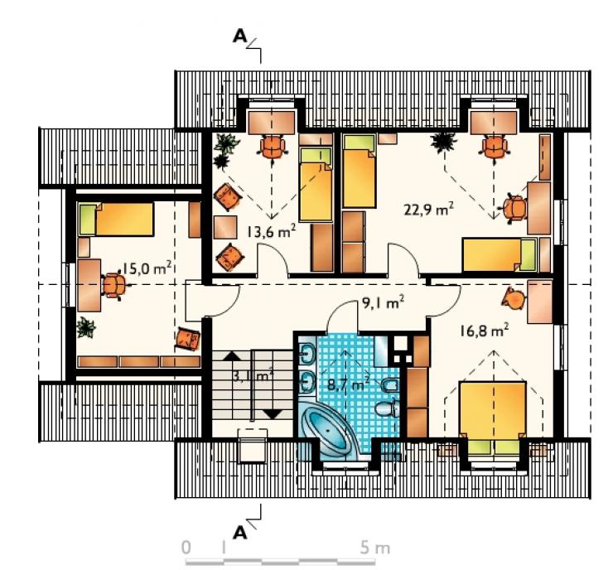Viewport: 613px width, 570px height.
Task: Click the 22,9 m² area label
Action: [428, 209]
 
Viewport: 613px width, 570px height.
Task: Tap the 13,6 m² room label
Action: [271, 231]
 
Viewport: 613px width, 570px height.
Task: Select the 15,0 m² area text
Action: [147, 268]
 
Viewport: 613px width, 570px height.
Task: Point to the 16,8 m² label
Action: [484, 331]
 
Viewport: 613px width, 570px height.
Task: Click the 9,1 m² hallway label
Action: [383, 302]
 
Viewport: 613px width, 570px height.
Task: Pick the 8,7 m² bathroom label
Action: [348, 384]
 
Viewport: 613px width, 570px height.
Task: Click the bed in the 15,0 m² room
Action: [116, 219]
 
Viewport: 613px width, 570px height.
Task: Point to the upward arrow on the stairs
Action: [233, 355]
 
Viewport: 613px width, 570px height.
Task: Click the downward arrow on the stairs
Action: [273, 414]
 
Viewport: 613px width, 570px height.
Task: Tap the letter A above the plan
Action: [239, 36]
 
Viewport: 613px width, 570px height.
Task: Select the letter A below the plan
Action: [239, 533]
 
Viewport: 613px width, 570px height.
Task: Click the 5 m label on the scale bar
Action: [375, 548]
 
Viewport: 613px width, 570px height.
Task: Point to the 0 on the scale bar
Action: [186, 548]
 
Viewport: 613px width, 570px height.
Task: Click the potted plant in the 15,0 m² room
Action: [85, 326]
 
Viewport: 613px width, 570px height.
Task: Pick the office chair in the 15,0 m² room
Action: [114, 285]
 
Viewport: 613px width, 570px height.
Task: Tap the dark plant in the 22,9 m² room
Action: [443, 142]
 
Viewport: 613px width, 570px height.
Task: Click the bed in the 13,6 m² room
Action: [316, 184]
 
